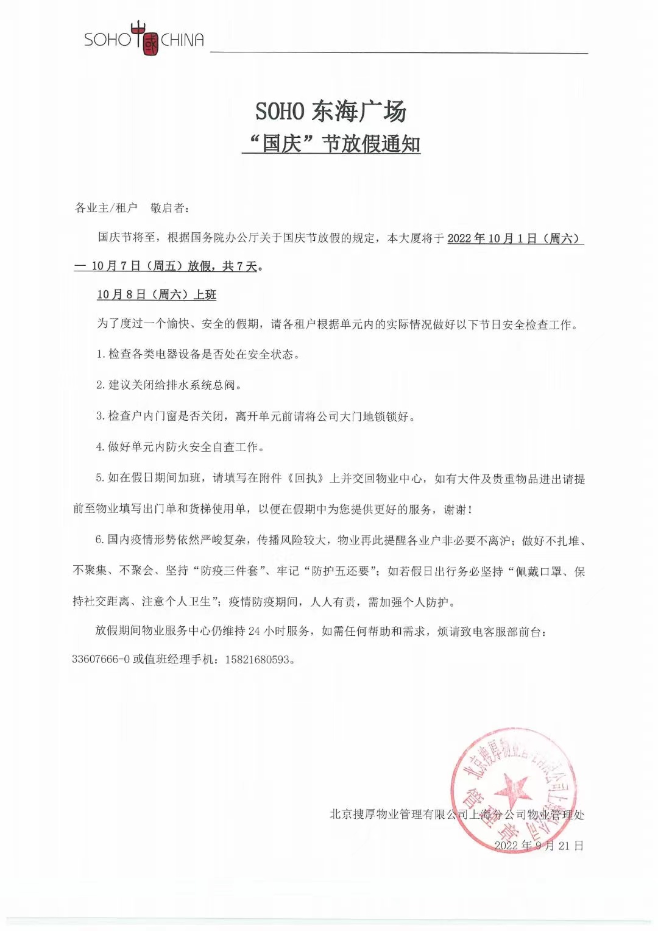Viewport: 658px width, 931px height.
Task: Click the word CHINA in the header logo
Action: (182, 40)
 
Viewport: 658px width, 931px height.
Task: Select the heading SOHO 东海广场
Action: (330, 112)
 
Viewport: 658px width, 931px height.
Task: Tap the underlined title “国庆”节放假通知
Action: (331, 144)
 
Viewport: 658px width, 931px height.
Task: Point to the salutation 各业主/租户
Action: (106, 208)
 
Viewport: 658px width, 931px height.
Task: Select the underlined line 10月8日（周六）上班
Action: (157, 295)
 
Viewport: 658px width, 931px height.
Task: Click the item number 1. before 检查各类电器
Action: (101, 355)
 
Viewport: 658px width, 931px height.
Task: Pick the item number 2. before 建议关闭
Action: (101, 385)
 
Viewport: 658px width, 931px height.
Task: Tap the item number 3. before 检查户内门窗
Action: (101, 416)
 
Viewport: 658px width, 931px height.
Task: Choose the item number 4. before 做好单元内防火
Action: (101, 448)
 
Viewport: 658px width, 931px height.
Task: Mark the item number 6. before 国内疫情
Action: (100, 540)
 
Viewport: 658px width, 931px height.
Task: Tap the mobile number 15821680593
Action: (258, 660)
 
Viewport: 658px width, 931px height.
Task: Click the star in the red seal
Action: (512, 790)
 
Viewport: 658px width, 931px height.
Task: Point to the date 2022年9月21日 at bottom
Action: (539, 846)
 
